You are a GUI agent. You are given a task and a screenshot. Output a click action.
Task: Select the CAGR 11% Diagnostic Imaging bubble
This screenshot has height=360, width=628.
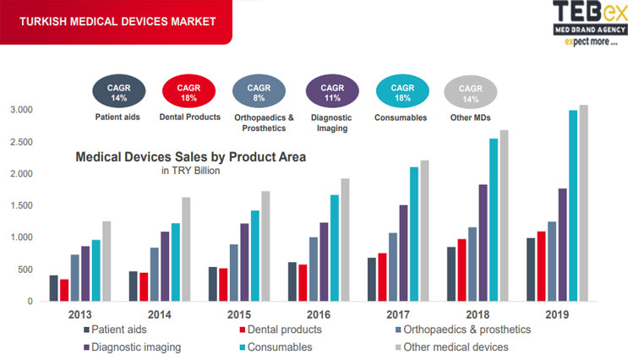pyautogui.click(x=332, y=91)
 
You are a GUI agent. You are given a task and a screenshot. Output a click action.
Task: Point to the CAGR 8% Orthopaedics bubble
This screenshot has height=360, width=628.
pyautogui.click(x=259, y=91)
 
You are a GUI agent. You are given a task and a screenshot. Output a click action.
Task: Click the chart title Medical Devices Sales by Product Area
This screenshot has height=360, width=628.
pyautogui.click(x=191, y=156)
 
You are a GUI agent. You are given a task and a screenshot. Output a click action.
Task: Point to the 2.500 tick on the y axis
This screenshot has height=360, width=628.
pyautogui.click(x=21, y=142)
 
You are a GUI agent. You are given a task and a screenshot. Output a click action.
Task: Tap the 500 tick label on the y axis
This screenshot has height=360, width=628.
pyautogui.click(x=25, y=270)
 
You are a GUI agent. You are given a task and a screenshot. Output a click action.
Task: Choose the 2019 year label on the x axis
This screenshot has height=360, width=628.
pyautogui.click(x=555, y=314)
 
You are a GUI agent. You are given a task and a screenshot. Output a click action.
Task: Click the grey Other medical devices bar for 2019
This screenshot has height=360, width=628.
pyautogui.click(x=583, y=203)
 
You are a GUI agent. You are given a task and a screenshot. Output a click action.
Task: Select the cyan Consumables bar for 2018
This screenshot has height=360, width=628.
pyautogui.click(x=493, y=220)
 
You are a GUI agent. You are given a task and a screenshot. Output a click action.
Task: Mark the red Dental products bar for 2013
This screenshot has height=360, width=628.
pyautogui.click(x=64, y=290)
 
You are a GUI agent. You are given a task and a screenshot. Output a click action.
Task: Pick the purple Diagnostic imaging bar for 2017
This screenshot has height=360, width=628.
pyautogui.click(x=403, y=253)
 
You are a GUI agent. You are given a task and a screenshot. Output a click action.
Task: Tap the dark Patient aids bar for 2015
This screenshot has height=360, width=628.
pyautogui.click(x=213, y=284)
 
